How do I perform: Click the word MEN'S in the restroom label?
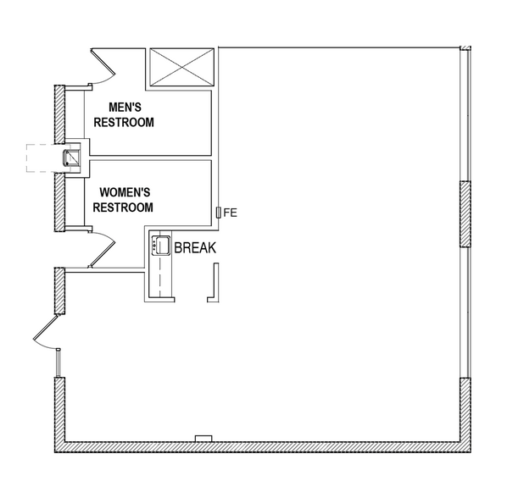[130, 108]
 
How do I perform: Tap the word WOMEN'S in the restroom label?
[125, 192]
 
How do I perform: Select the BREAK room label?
[195, 248]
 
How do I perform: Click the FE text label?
[231, 213]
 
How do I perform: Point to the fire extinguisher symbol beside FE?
[219, 213]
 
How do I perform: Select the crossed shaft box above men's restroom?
[181, 67]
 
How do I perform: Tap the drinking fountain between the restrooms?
[73, 157]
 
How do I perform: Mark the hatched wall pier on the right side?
[465, 213]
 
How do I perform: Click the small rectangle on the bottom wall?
[203, 438]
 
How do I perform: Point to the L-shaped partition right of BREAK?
[215, 284]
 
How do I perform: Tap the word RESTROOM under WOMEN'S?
[123, 207]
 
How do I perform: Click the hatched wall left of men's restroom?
[60, 114]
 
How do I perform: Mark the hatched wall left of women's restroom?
[60, 200]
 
